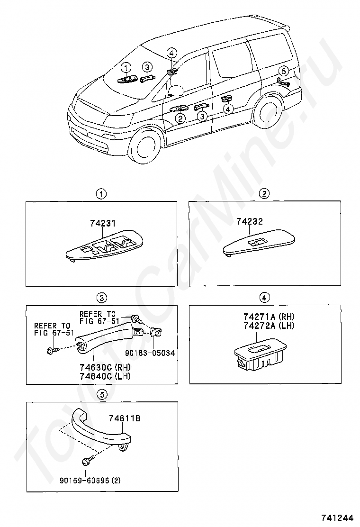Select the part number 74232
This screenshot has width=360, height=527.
click(250, 221)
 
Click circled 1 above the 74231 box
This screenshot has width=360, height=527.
click(100, 193)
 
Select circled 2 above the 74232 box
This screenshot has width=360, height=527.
click(264, 193)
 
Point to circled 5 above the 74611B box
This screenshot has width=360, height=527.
click(100, 393)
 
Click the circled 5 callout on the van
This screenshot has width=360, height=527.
click(283, 71)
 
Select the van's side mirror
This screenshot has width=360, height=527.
click(176, 90)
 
